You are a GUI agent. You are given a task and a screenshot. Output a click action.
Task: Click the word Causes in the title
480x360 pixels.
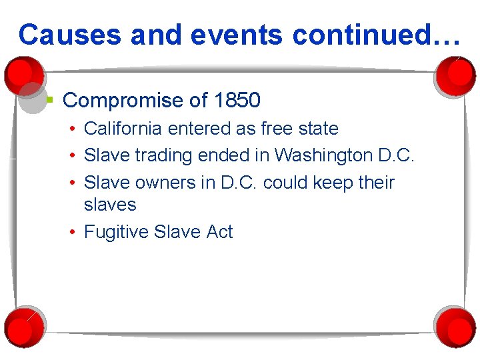pos(70,34)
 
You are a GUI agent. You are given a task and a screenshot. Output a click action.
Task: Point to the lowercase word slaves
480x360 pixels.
pos(110,205)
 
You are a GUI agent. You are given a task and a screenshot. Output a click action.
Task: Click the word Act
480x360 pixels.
pos(219,232)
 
